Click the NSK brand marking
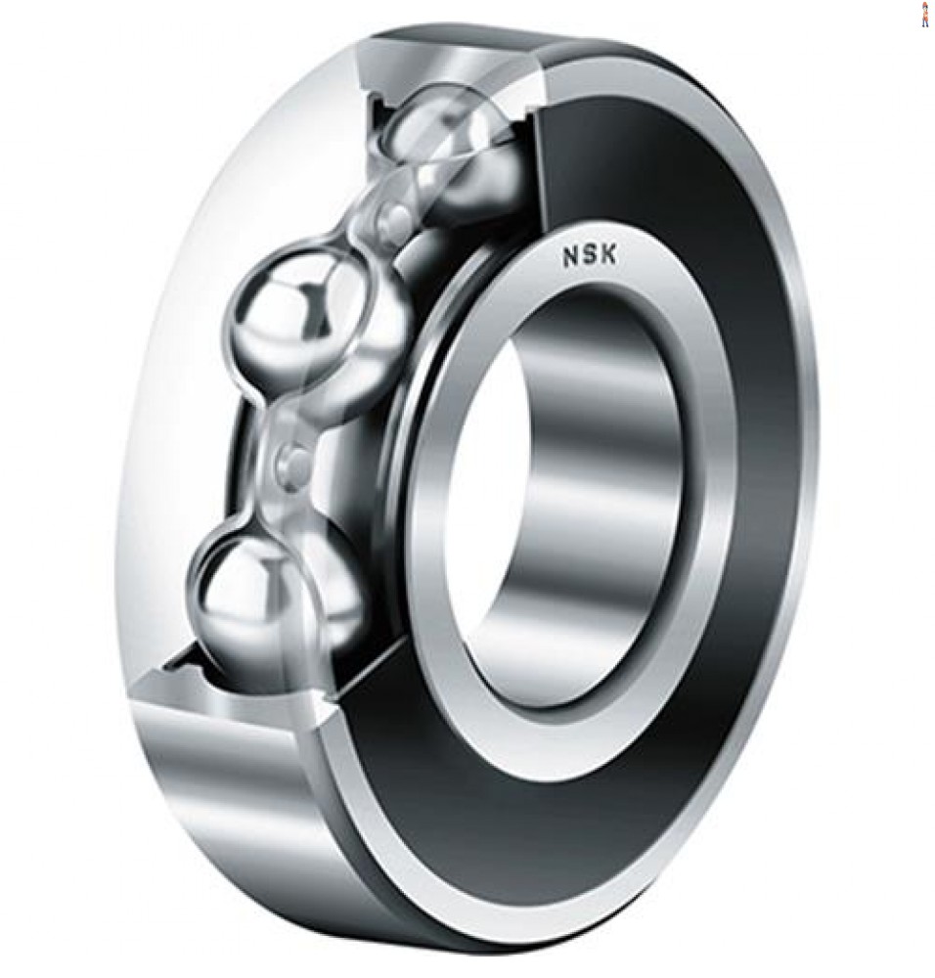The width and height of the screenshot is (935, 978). pos(590,256)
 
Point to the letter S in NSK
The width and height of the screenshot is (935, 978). pos(590,256)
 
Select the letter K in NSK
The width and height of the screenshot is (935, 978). pos(608,254)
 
